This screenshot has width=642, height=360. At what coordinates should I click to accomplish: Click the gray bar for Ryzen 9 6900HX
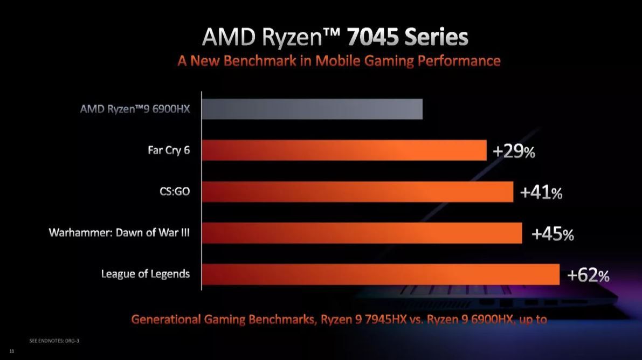[312, 109]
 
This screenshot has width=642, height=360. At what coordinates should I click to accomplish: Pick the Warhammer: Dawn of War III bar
[362, 233]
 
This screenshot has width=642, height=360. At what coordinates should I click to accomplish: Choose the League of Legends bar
[381, 274]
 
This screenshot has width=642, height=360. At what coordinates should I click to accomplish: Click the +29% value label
[514, 152]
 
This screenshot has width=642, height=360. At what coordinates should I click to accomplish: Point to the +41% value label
[541, 193]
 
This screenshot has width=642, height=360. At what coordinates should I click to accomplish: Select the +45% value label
[553, 234]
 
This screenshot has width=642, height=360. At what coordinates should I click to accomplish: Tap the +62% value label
[588, 276]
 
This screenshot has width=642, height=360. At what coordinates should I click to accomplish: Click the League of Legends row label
[146, 274]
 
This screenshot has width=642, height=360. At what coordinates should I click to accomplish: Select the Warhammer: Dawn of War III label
[119, 233]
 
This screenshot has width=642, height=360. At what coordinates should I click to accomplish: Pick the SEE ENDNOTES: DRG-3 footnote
[54, 341]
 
